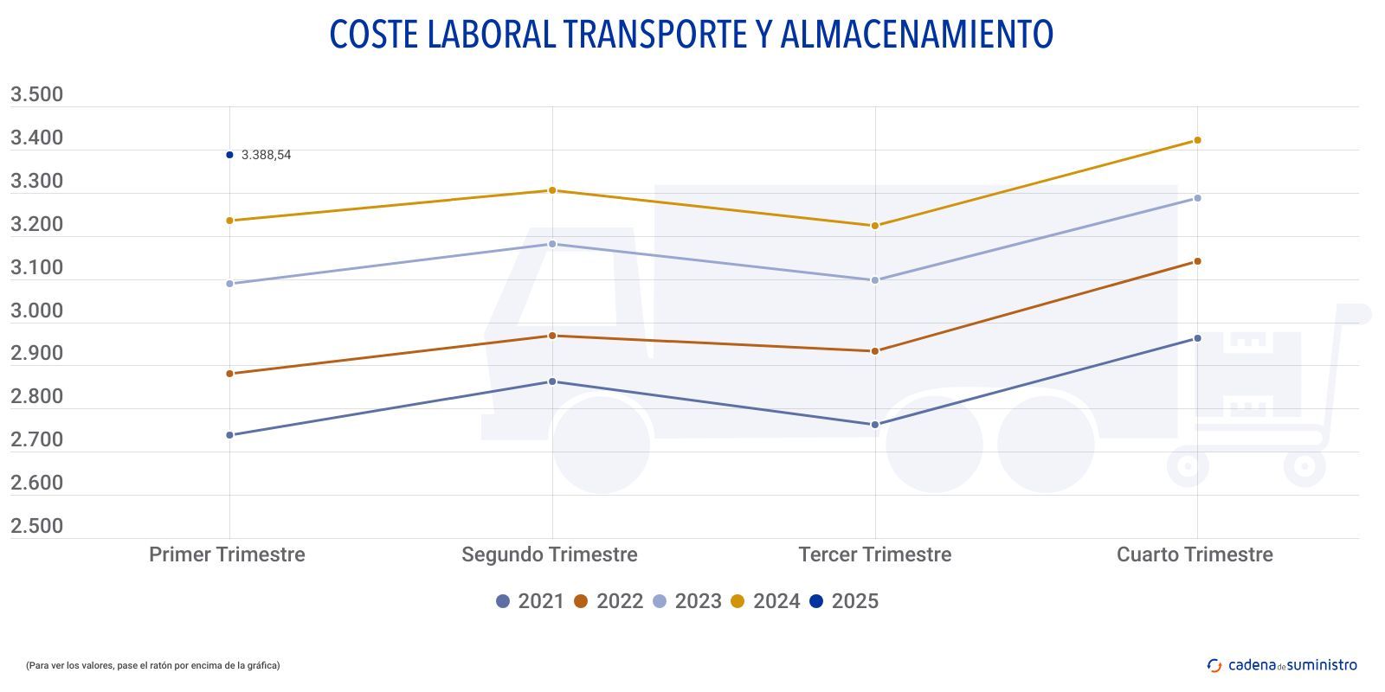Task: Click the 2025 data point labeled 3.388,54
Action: point(229,155)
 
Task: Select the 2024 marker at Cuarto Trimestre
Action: point(1197,140)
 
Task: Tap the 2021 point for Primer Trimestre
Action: point(229,435)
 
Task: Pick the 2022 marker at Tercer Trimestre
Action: point(875,351)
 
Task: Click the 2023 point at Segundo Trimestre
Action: point(552,244)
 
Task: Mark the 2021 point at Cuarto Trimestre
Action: point(1197,338)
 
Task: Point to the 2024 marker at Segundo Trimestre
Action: point(552,190)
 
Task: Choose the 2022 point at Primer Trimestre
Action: point(229,374)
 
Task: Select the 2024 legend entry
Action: point(765,601)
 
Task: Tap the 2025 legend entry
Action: point(844,601)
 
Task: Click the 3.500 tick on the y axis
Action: point(36,94)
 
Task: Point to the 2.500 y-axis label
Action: point(36,526)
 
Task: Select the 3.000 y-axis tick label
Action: point(36,311)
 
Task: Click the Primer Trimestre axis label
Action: point(227,554)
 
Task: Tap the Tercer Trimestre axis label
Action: point(874,554)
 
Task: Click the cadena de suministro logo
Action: point(1282,665)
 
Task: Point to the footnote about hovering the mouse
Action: point(152,665)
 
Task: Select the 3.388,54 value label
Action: point(266,156)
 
